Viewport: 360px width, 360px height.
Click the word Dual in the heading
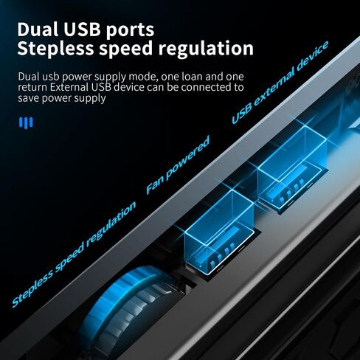click(38, 30)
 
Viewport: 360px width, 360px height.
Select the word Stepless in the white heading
click(55, 49)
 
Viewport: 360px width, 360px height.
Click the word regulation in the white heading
click(206, 49)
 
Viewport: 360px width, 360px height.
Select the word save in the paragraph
click(29, 98)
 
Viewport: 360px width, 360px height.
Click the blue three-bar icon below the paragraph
click(26, 122)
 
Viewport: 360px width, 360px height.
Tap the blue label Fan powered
click(178, 165)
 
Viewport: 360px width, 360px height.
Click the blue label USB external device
click(280, 83)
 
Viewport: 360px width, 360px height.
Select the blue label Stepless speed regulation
click(74, 255)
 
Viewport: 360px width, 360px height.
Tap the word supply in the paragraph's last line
click(90, 99)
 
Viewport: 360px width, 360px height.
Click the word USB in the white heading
click(83, 30)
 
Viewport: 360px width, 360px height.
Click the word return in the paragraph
click(32, 88)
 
